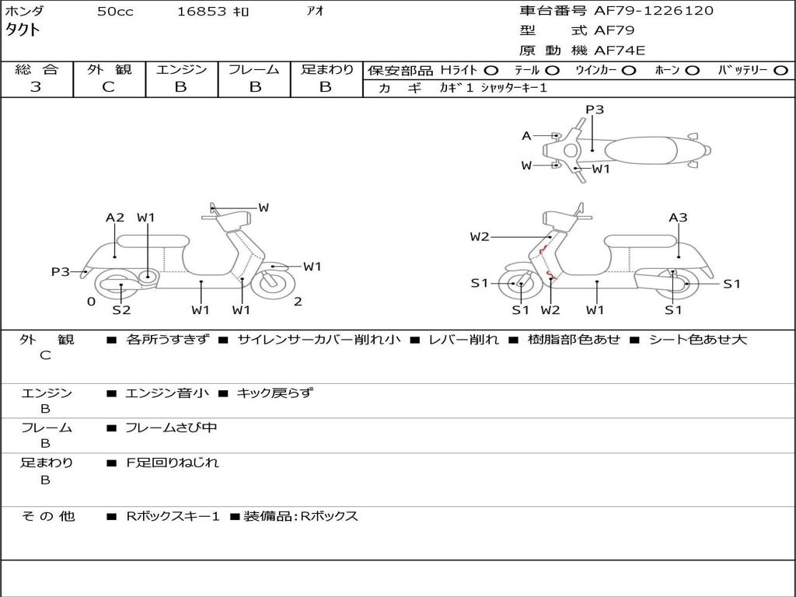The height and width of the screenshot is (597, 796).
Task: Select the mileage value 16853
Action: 201,12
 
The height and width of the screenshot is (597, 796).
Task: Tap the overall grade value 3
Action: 36,87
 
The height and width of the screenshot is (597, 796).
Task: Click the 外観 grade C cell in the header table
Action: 108,87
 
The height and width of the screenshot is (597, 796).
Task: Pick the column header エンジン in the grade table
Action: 181,69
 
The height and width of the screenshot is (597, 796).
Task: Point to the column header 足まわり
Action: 326,69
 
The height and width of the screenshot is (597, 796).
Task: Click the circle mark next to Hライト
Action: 491,70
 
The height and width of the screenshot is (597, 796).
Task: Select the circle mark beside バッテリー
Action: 781,70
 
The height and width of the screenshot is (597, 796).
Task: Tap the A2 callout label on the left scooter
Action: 115,218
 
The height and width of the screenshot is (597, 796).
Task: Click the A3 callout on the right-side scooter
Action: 678,218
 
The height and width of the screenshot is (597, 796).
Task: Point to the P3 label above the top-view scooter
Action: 595,110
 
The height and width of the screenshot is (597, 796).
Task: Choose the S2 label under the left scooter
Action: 121,310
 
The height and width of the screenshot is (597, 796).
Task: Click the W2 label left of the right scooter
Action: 480,237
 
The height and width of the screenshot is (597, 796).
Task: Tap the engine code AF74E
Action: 620,51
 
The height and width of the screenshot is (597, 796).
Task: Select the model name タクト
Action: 23,30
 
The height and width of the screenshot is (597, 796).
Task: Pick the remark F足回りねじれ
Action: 173,463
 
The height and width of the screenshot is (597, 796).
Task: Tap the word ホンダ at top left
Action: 24,11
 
